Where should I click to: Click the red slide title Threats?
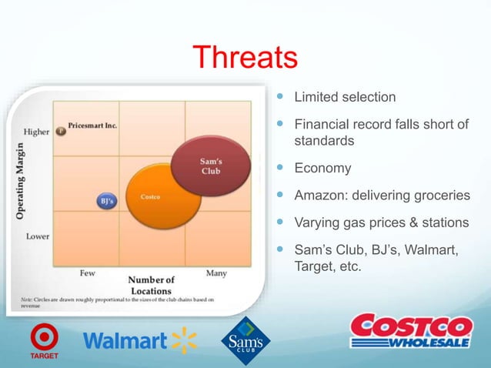click(x=245, y=58)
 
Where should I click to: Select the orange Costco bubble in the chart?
click(x=161, y=199)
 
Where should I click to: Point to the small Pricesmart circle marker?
click(x=61, y=131)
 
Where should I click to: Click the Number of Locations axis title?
click(x=151, y=285)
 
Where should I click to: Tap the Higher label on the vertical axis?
click(x=37, y=132)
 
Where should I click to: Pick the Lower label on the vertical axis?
click(x=38, y=236)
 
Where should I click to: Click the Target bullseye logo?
click(x=44, y=337)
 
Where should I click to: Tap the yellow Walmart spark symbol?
click(x=185, y=340)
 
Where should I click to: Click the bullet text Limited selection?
click(x=345, y=98)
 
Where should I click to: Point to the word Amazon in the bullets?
click(x=321, y=196)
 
